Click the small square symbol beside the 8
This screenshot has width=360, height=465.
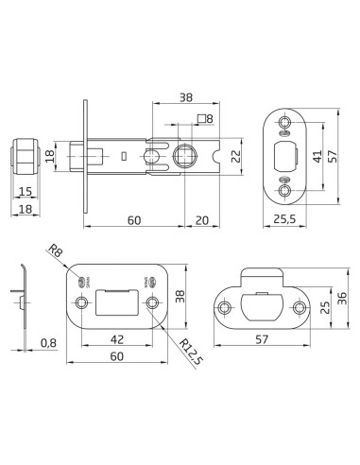(x=200, y=119)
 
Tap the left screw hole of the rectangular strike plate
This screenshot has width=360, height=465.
(x=83, y=302)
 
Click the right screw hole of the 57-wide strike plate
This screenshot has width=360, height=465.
(x=299, y=308)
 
